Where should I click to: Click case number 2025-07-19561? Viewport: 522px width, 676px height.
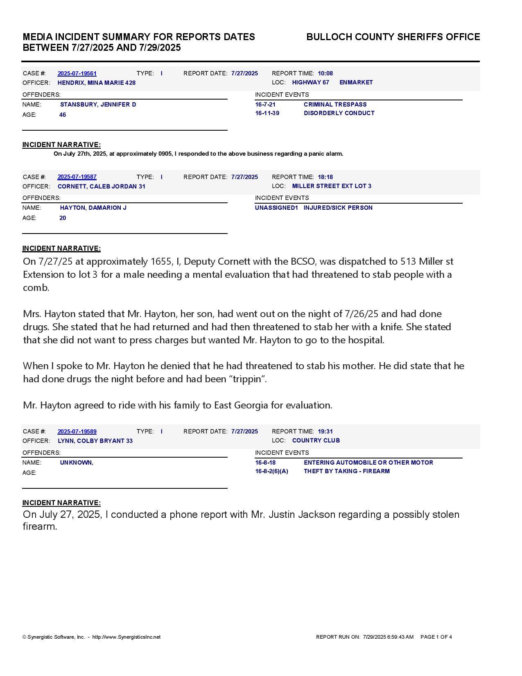(x=77, y=74)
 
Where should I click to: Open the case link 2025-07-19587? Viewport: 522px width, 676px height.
(x=77, y=177)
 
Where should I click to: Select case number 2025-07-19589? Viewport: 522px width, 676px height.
(x=77, y=431)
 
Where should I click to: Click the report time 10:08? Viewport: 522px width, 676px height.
(x=325, y=73)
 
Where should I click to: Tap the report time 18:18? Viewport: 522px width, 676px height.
(x=325, y=177)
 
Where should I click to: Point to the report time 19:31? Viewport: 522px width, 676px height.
(x=325, y=431)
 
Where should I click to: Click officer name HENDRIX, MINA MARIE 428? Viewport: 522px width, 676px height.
(x=97, y=83)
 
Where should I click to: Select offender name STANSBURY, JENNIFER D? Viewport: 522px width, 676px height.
(x=98, y=104)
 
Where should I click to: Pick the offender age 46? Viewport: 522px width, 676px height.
(x=63, y=115)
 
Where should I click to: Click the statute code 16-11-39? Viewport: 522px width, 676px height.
(x=267, y=113)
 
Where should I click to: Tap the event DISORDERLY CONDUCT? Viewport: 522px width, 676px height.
(x=339, y=113)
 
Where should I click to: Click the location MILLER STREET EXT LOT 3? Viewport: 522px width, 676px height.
(x=332, y=186)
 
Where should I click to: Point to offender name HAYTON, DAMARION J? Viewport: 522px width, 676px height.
(x=93, y=208)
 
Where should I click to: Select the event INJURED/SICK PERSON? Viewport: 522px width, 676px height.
(x=338, y=208)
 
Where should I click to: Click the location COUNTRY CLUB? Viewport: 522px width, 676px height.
(x=316, y=440)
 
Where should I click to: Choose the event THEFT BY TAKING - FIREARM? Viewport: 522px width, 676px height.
(x=346, y=471)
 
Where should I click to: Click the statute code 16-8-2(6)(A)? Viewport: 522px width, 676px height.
(x=271, y=471)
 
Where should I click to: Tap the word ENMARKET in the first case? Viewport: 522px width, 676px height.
(x=356, y=82)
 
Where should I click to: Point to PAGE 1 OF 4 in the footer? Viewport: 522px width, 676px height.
(x=436, y=637)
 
